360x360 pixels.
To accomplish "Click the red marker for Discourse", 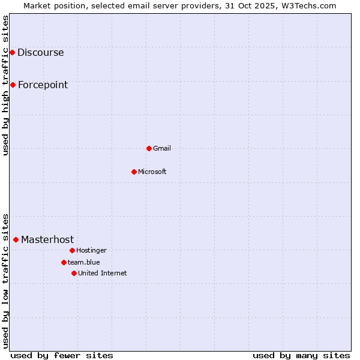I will click(12, 52).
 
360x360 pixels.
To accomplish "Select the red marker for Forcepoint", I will click(13, 85).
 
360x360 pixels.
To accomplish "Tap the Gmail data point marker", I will click(149, 148).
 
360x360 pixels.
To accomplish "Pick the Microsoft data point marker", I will click(134, 172).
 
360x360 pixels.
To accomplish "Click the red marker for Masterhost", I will click(16, 239).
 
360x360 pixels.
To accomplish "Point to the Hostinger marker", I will click(72, 250).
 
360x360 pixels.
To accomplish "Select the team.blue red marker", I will click(64, 262).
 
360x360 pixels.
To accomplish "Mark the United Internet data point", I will click(74, 273).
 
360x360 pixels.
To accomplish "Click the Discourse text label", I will click(40, 52).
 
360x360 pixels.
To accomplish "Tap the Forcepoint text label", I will click(43, 85).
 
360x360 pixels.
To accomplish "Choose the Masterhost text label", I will click(47, 239).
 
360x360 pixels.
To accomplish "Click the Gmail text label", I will click(162, 148).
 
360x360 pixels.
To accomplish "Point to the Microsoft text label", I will click(152, 172).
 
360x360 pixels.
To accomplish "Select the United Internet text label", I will click(103, 273).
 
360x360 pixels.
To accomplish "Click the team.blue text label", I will click(84, 262).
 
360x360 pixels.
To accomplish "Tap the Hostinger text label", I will click(91, 250).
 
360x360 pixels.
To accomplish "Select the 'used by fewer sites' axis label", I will click(62, 355).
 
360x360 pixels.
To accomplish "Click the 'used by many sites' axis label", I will click(301, 355).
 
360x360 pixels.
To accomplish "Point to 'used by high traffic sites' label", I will click(5, 85).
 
